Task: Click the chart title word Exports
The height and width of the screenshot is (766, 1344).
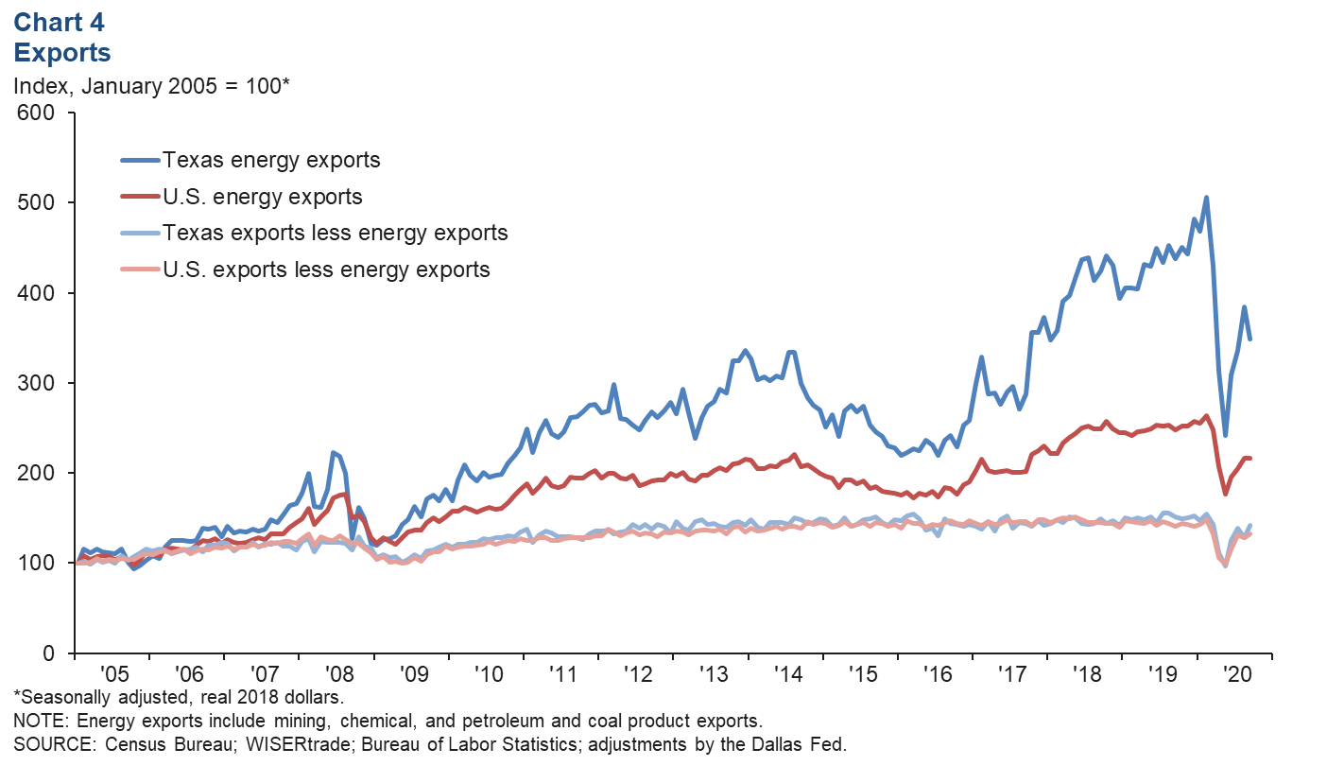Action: point(62,51)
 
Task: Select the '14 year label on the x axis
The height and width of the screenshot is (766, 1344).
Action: point(786,676)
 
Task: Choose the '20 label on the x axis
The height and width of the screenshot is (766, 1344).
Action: point(1235,676)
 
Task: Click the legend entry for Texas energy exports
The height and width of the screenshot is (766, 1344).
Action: point(271,160)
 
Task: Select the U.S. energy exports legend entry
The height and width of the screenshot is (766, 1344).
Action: point(263,197)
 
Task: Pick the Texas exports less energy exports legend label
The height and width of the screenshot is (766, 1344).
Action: point(335,233)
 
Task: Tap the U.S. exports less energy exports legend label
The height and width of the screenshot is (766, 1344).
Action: point(326,270)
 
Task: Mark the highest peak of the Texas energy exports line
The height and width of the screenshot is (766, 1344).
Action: point(1206,198)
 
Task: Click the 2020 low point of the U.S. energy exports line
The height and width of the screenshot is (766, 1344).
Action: point(1226,494)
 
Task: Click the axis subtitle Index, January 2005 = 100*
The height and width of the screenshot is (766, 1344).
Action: point(151,86)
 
